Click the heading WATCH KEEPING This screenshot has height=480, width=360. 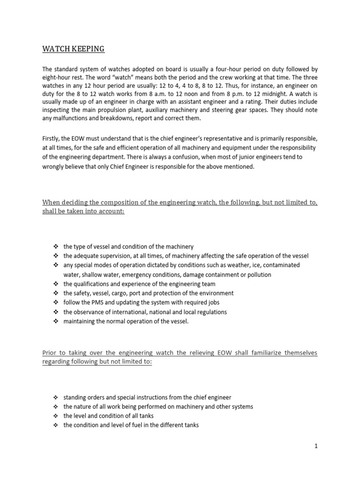coord(74,49)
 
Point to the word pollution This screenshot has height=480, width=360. coord(257,275)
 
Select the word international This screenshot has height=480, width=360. coord(124,312)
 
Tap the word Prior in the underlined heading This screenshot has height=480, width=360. coord(50,352)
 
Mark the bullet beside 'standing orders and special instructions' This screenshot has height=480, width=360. coord(55,397)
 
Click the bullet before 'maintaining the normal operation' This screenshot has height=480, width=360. coord(55,321)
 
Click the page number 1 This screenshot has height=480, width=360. coord(316,447)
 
